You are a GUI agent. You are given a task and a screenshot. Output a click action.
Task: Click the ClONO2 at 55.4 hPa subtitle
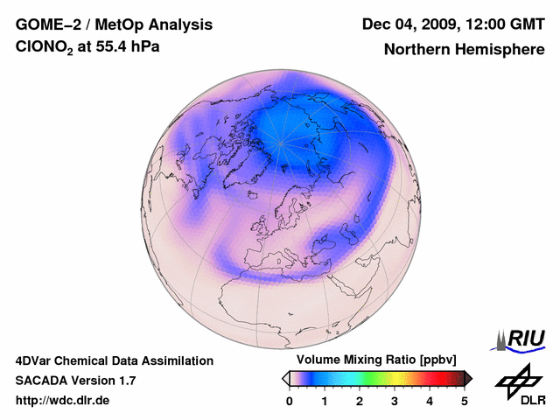pyautogui.click(x=87, y=49)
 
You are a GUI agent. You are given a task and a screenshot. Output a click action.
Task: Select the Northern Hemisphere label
pyautogui.click(x=465, y=50)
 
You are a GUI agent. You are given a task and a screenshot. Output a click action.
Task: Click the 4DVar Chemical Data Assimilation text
pyautogui.click(x=115, y=360)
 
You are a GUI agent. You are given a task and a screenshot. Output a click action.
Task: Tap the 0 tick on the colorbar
pyautogui.click(x=290, y=401)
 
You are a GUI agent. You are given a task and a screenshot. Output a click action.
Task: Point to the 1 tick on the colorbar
pyautogui.click(x=325, y=401)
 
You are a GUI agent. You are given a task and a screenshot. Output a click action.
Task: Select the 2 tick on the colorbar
pyautogui.click(x=360, y=401)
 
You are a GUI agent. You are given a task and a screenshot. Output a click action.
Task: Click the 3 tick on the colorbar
pyautogui.click(x=395, y=401)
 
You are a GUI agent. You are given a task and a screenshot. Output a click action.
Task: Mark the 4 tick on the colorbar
pyautogui.click(x=430, y=401)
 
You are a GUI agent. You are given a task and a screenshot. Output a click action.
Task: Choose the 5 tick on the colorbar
pyautogui.click(x=465, y=401)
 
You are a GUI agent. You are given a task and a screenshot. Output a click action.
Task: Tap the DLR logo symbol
pyautogui.click(x=517, y=381)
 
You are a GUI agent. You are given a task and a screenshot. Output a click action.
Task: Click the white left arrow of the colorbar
pyautogui.click(x=286, y=378)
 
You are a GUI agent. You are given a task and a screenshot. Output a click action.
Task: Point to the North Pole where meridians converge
pyautogui.click(x=281, y=141)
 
